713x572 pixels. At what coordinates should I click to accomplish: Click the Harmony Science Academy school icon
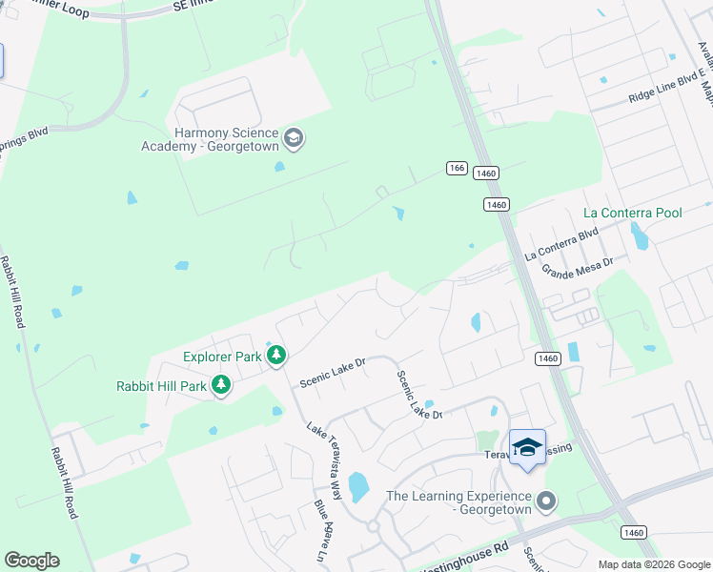click(294, 138)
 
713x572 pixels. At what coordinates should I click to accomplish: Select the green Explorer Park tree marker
click(276, 357)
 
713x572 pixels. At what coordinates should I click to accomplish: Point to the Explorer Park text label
click(222, 357)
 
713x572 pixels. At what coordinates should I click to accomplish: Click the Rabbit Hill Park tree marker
click(222, 385)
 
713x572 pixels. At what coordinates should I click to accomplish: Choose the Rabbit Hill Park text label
click(161, 386)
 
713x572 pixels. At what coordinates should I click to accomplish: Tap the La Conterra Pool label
click(633, 213)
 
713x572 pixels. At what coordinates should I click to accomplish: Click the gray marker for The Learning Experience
click(545, 500)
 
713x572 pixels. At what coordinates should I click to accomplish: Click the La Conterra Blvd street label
click(561, 244)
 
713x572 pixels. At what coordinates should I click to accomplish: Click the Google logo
click(31, 561)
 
